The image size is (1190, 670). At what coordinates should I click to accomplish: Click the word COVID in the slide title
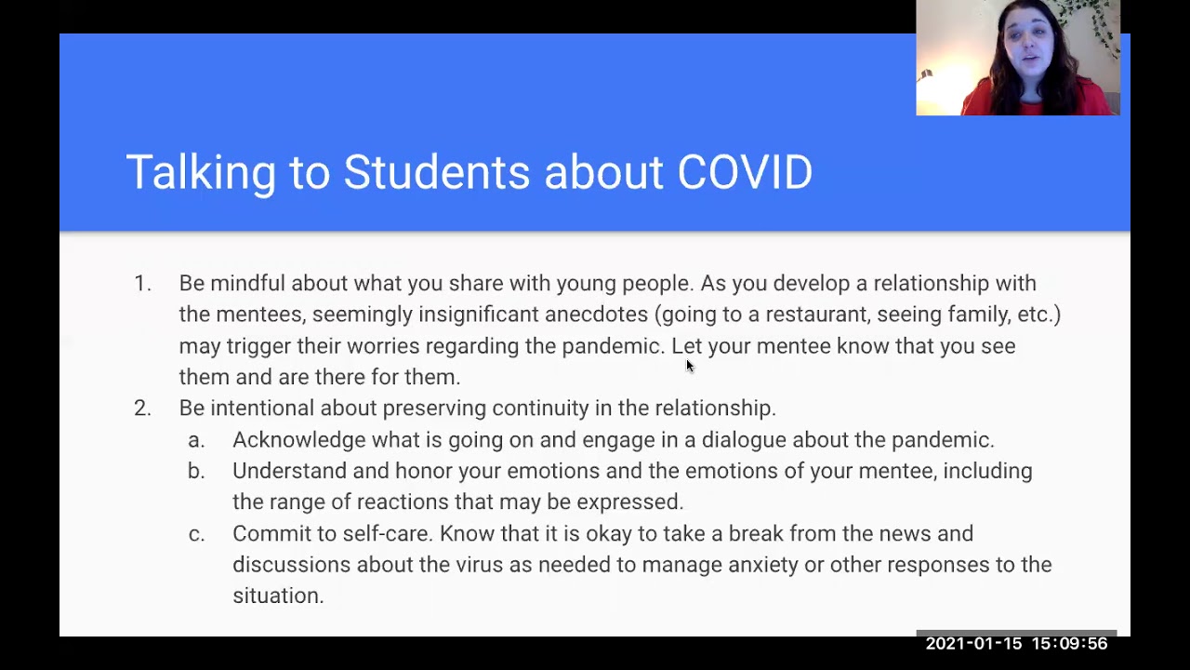pyautogui.click(x=745, y=173)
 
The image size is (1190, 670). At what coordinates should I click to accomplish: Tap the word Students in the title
pyautogui.click(x=436, y=173)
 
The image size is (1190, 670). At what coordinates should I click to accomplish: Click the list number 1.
pyautogui.click(x=141, y=283)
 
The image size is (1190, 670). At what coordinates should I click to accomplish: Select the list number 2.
pyautogui.click(x=141, y=408)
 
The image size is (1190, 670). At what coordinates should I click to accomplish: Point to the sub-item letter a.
pyautogui.click(x=195, y=439)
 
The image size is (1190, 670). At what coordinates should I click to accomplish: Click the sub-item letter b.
pyautogui.click(x=195, y=471)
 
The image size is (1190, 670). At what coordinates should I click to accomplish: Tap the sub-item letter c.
pyautogui.click(x=195, y=533)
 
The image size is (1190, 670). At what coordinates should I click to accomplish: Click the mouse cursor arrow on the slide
pyautogui.click(x=690, y=366)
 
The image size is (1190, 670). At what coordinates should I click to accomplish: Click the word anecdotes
pyautogui.click(x=596, y=315)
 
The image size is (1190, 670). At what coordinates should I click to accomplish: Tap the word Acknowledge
pyautogui.click(x=286, y=439)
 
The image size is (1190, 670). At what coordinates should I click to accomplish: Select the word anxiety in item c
pyautogui.click(x=762, y=565)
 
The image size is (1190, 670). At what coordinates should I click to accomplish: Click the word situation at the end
pyautogui.click(x=276, y=596)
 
